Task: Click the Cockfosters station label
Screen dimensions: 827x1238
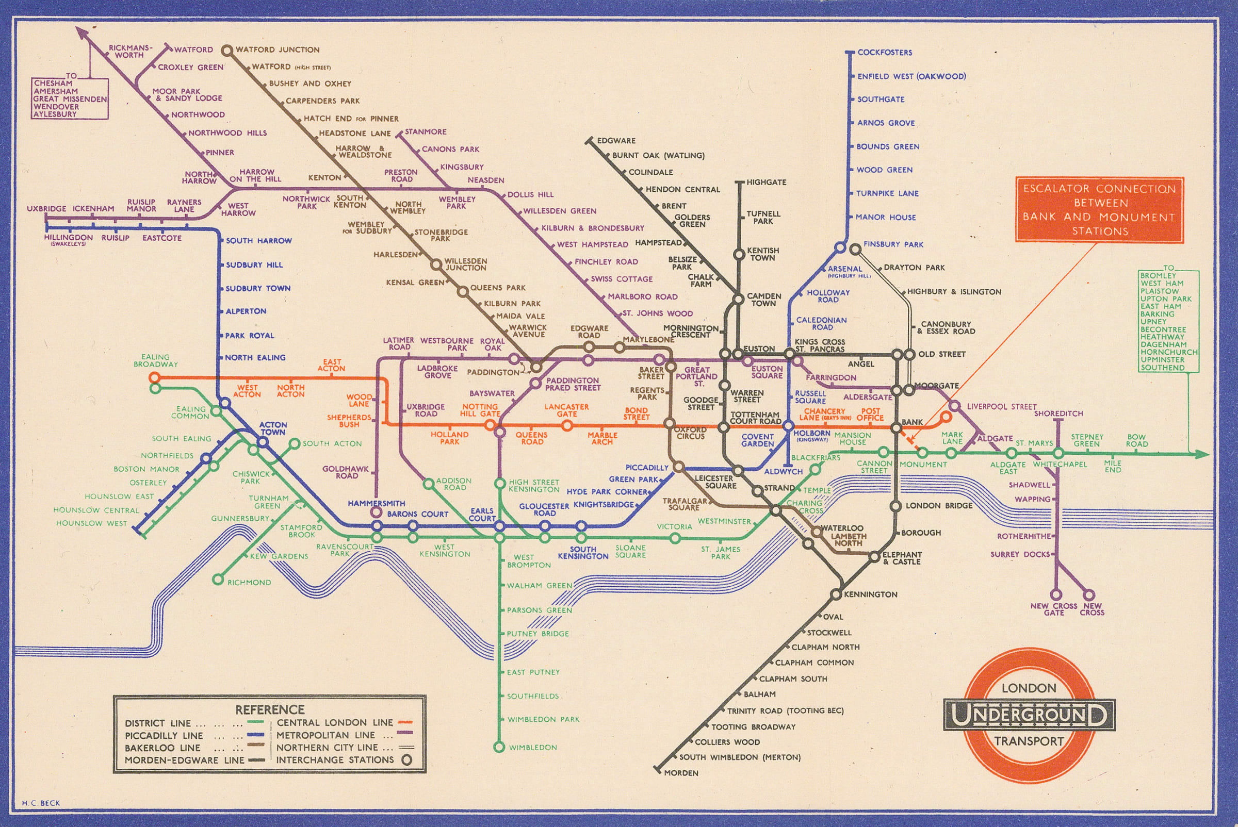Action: pyautogui.click(x=885, y=52)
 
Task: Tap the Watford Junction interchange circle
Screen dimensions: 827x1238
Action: pyautogui.click(x=227, y=51)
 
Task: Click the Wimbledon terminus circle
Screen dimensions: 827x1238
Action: pyautogui.click(x=499, y=747)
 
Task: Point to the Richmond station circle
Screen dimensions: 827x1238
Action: pyautogui.click(x=217, y=580)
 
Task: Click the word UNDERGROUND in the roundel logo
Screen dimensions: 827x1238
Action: pyautogui.click(x=1029, y=715)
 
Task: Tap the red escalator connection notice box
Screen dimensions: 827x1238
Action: pyautogui.click(x=1099, y=210)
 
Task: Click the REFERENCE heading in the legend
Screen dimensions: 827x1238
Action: pyautogui.click(x=270, y=709)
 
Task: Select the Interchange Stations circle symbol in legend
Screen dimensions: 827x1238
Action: pyautogui.click(x=406, y=760)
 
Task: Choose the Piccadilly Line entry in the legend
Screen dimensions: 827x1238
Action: pyautogui.click(x=164, y=735)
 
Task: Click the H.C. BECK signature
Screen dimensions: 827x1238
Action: pyautogui.click(x=41, y=803)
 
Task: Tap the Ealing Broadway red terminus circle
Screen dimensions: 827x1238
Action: pyautogui.click(x=154, y=377)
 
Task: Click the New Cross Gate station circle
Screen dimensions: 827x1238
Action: pyautogui.click(x=1055, y=595)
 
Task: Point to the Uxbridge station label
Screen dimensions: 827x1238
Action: pyautogui.click(x=46, y=209)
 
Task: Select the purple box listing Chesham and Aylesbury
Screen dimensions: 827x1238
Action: pyautogui.click(x=70, y=98)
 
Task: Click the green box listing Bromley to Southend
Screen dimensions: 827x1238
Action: pyautogui.click(x=1168, y=321)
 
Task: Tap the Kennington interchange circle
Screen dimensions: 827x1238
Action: pyautogui.click(x=835, y=595)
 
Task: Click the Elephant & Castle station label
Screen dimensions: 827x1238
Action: pyautogui.click(x=902, y=558)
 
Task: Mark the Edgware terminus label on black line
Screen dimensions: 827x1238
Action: pyautogui.click(x=616, y=141)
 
